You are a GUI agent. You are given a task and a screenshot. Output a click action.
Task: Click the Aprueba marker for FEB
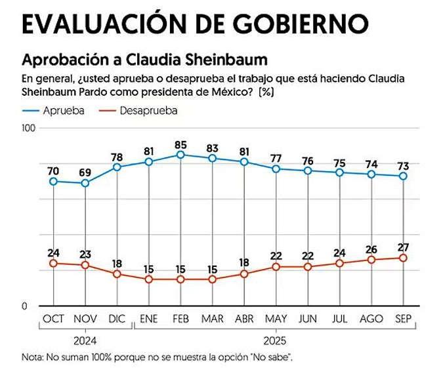click(x=180, y=155)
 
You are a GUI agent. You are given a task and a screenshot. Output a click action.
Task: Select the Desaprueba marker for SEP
click(x=404, y=258)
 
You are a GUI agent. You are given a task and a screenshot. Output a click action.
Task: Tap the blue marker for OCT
click(x=53, y=181)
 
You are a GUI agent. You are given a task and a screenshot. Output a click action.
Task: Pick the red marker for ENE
click(x=149, y=279)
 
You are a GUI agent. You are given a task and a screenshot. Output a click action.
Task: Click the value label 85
click(x=180, y=144)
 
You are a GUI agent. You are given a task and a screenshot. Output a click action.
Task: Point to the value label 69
click(x=85, y=172)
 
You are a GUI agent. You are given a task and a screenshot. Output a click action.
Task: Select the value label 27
click(x=404, y=247)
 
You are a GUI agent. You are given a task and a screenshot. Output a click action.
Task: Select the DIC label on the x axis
click(x=117, y=319)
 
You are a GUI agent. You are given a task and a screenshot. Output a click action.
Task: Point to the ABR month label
click(x=244, y=319)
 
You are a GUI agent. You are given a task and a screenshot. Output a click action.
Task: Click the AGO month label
click(x=371, y=319)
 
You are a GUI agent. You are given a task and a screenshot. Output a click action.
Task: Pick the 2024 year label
click(x=85, y=341)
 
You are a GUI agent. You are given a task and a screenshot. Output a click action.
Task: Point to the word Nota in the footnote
click(x=31, y=358)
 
